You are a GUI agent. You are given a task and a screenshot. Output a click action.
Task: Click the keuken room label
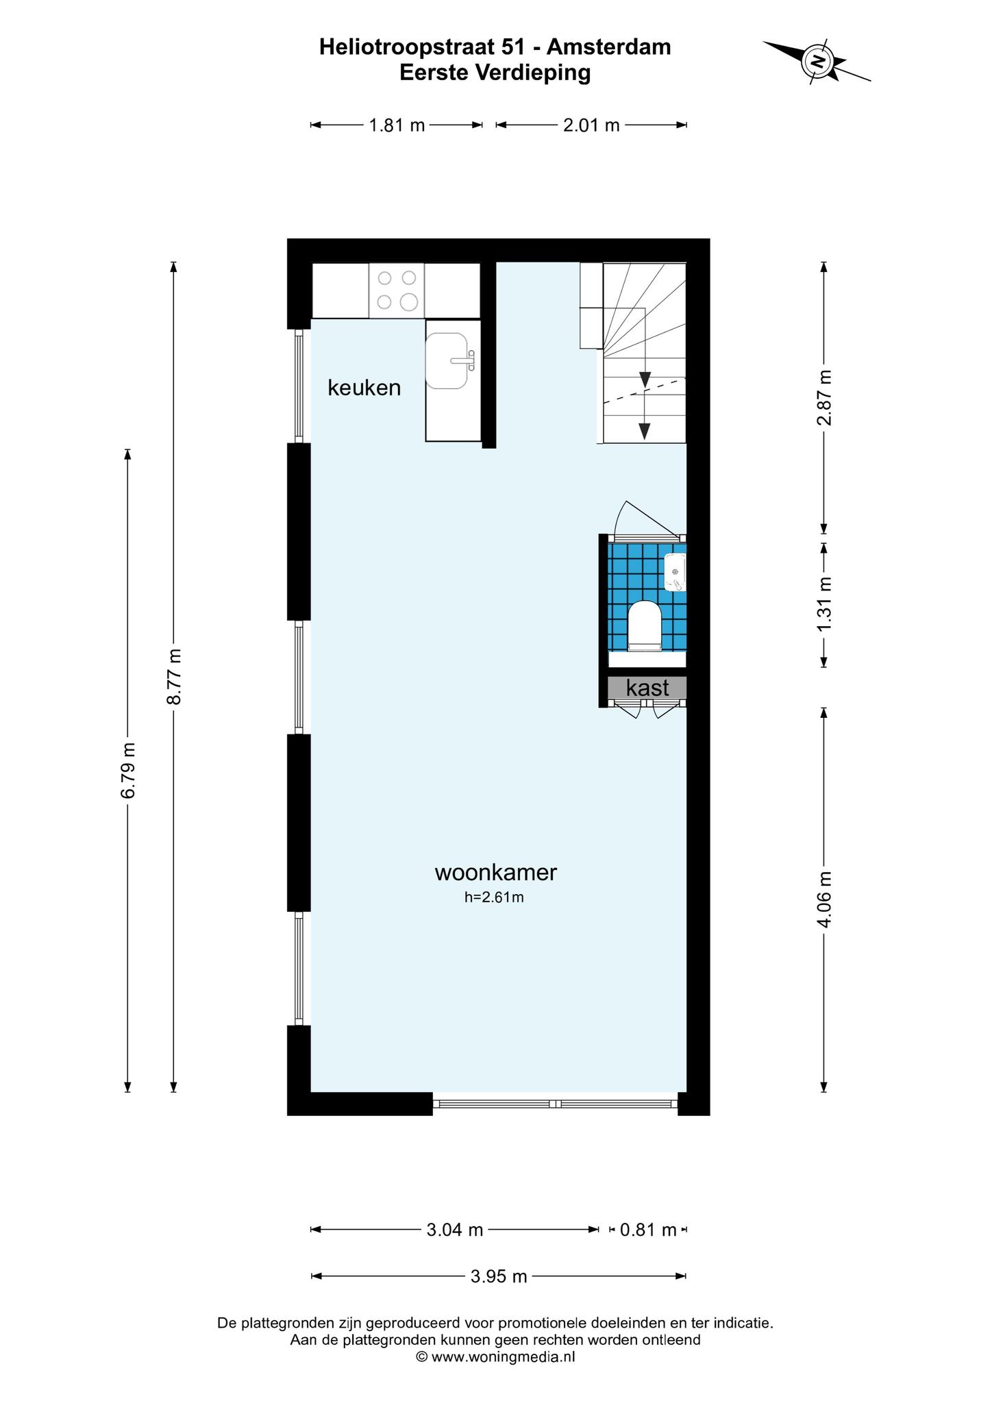pyautogui.click(x=364, y=388)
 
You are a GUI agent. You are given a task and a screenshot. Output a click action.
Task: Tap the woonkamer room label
pyautogui.click(x=496, y=872)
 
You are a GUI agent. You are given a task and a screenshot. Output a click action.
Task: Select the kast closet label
pyautogui.click(x=647, y=687)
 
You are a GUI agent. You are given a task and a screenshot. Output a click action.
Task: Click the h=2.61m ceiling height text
pyautogui.click(x=494, y=897)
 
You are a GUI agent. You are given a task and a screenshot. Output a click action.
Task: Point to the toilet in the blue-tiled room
pyautogui.click(x=645, y=625)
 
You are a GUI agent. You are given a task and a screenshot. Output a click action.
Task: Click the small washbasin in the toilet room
pyautogui.click(x=675, y=572)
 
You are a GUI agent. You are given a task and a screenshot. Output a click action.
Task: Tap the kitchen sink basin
pyautogui.click(x=447, y=360)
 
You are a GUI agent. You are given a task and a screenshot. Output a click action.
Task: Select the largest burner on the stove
pyautogui.click(x=409, y=301)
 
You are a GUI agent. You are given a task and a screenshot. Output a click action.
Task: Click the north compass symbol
pyautogui.click(x=817, y=61)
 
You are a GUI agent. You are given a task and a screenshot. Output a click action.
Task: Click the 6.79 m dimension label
pyautogui.click(x=128, y=770)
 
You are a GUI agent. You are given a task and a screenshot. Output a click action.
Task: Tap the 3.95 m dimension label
pyautogui.click(x=499, y=1276)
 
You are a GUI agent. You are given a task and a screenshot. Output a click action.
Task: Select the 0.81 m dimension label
pyautogui.click(x=648, y=1230)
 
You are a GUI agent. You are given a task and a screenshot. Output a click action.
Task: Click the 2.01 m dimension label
pyautogui.click(x=591, y=125)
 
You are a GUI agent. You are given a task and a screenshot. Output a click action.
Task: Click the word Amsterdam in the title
pyautogui.click(x=609, y=47)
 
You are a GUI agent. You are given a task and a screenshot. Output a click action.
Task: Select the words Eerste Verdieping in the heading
pyautogui.click(x=495, y=73)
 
